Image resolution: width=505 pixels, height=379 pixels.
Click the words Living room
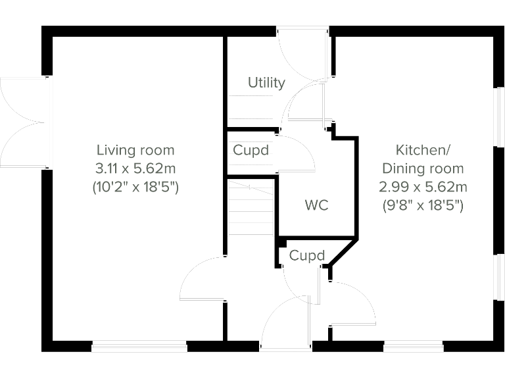coord(135,150)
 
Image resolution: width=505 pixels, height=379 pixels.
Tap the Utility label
coord(266,83)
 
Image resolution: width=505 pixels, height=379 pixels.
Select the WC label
coord(316,205)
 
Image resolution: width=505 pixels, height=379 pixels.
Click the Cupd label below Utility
coord(251,150)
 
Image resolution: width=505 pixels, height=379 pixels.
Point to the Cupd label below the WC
coord(307,255)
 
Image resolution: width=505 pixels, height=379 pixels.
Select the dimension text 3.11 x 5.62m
coord(135,168)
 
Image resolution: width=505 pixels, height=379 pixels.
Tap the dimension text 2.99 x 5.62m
coord(423,187)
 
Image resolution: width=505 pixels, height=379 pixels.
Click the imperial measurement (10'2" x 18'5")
coord(135,187)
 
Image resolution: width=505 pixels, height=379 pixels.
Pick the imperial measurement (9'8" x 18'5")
coord(423,205)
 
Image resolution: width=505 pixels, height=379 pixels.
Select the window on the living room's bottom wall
coord(139,346)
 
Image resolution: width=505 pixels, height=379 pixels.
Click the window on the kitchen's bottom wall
coord(413,346)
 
